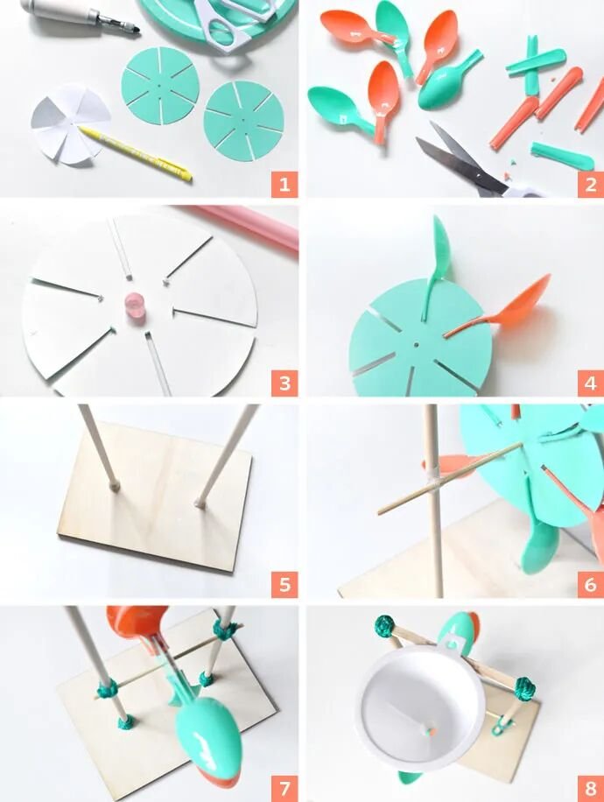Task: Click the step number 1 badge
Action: click(x=284, y=184)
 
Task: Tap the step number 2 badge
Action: click(x=591, y=184)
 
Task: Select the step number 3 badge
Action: click(x=284, y=383)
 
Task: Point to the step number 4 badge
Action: click(x=591, y=383)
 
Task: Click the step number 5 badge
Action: click(x=284, y=584)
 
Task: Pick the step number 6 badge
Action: click(x=591, y=584)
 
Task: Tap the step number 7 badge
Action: click(x=284, y=788)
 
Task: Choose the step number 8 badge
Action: click(x=591, y=788)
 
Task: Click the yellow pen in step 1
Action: click(x=136, y=153)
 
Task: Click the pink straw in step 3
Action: click(x=245, y=225)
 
